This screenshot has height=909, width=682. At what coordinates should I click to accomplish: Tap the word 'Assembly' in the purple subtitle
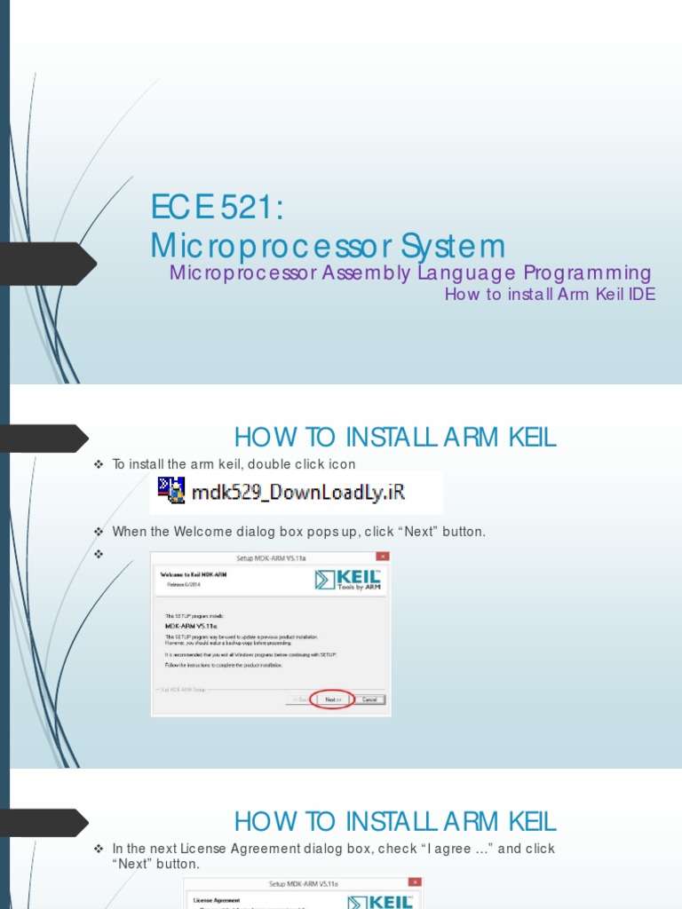[x=365, y=273]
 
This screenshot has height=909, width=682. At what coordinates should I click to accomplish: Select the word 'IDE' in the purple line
[x=641, y=295]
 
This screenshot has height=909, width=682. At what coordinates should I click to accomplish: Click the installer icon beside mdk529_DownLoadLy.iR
[x=171, y=491]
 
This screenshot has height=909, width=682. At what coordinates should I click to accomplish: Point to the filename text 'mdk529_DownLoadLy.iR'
[x=305, y=492]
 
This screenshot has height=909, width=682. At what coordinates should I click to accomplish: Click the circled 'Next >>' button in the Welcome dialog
[x=332, y=700]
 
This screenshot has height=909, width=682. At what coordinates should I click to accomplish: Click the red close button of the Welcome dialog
[x=382, y=557]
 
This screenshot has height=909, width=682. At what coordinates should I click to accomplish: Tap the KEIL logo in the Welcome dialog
[x=348, y=580]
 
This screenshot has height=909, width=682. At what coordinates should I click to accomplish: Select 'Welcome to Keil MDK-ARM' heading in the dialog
[x=188, y=574]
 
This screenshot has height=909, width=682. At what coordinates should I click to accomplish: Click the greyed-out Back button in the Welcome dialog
[x=298, y=700]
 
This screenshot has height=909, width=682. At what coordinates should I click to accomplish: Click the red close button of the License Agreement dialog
[x=415, y=883]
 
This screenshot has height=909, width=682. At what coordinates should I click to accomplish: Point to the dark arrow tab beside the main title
[x=49, y=264]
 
